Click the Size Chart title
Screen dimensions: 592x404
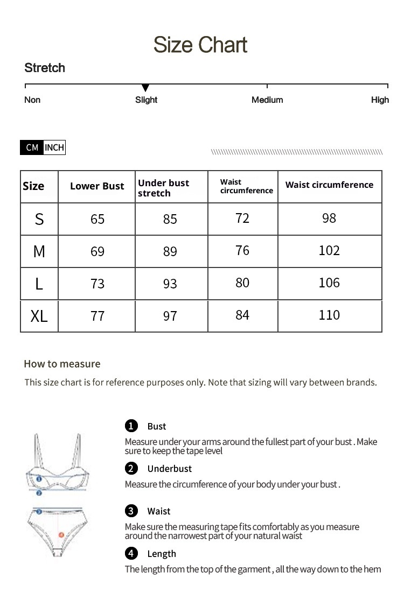[x=200, y=45]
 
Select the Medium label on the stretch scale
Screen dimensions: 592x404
[x=267, y=100]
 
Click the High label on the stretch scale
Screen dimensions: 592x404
[x=380, y=100]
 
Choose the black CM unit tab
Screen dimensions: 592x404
[x=32, y=147]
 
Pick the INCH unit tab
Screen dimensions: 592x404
[x=54, y=147]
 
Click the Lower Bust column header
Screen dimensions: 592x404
[x=97, y=186]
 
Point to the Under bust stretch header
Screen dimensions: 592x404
[x=163, y=188]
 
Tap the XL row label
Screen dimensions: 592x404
[x=39, y=316]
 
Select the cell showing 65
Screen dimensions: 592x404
[x=97, y=219]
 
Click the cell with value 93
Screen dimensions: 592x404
[x=170, y=284]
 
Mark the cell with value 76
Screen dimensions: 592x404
[x=242, y=251]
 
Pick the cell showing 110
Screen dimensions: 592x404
[x=329, y=315]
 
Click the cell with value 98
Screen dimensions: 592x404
[x=329, y=218]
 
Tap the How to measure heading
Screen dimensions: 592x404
[x=62, y=364]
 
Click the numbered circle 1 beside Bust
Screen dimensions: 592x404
[x=131, y=426]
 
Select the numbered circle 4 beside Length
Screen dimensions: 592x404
[x=131, y=553]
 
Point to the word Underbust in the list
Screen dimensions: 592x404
[x=169, y=469]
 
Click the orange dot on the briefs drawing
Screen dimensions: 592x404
[x=61, y=535]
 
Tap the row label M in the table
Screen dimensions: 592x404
[x=39, y=251]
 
